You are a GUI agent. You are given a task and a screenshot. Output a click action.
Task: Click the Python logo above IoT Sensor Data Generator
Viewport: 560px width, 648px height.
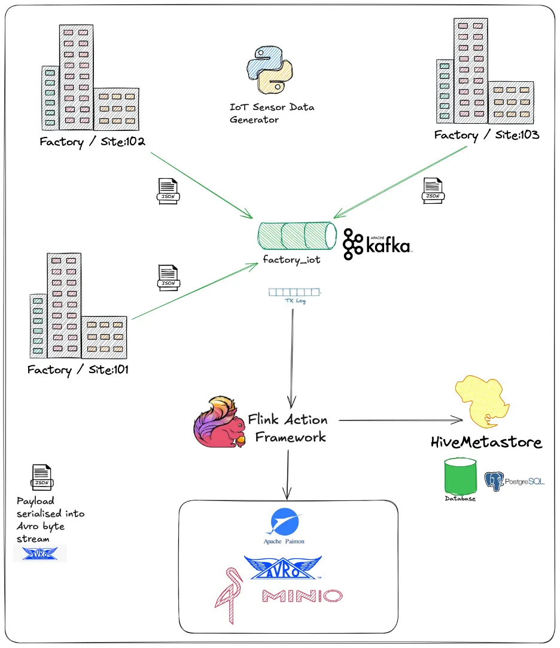click(x=269, y=71)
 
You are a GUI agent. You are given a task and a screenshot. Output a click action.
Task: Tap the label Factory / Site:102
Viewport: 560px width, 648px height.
click(x=93, y=142)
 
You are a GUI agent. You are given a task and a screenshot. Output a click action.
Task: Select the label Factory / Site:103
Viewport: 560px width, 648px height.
click(x=486, y=135)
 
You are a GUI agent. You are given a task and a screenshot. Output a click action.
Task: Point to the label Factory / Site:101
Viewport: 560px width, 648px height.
click(x=78, y=369)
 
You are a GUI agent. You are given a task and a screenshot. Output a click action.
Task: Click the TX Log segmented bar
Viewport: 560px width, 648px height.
click(x=294, y=292)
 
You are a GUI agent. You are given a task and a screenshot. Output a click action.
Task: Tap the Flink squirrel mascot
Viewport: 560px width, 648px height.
click(x=218, y=422)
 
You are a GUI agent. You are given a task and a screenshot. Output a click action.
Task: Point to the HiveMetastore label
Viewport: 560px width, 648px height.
click(x=486, y=443)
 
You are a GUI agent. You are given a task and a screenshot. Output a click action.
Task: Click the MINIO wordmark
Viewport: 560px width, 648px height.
click(x=302, y=596)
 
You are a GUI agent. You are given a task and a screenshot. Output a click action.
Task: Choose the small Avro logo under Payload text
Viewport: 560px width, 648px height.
click(x=40, y=554)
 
